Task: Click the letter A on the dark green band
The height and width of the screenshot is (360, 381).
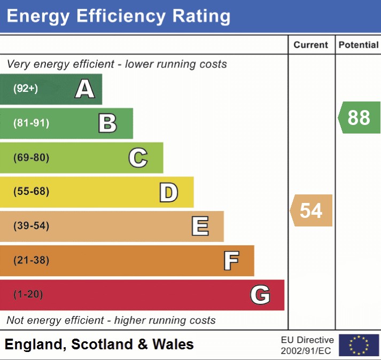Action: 85,89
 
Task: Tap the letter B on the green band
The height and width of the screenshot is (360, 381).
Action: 107,123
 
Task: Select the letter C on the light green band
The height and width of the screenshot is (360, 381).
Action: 138,158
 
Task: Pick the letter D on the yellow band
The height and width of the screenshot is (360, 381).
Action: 168,192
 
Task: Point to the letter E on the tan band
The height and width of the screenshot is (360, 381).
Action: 200,226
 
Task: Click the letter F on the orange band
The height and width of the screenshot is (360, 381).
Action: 231,261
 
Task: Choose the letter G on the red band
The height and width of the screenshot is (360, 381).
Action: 260,295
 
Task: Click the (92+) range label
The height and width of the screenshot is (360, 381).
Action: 26,89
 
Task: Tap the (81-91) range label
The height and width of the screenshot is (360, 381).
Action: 31,123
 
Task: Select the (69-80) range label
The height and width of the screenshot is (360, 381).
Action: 31,158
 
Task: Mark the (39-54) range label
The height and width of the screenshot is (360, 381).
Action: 31,226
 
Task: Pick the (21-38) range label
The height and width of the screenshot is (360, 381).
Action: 31,261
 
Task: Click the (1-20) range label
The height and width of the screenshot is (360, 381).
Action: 28,295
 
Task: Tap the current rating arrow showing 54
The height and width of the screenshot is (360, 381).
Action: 311,210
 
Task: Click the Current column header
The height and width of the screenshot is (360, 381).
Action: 311,45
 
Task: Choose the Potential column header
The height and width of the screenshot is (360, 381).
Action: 359,45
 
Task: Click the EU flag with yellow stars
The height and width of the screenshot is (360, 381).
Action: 359,345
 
